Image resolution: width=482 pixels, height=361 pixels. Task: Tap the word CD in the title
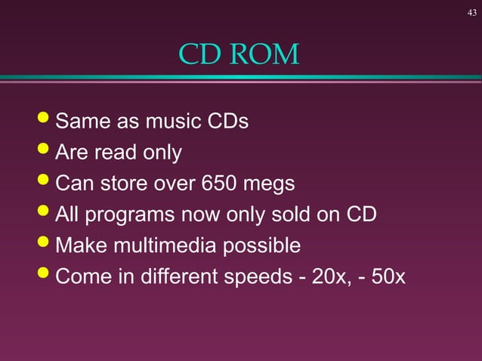[x=196, y=54]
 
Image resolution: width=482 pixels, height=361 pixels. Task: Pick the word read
[x=113, y=153]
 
